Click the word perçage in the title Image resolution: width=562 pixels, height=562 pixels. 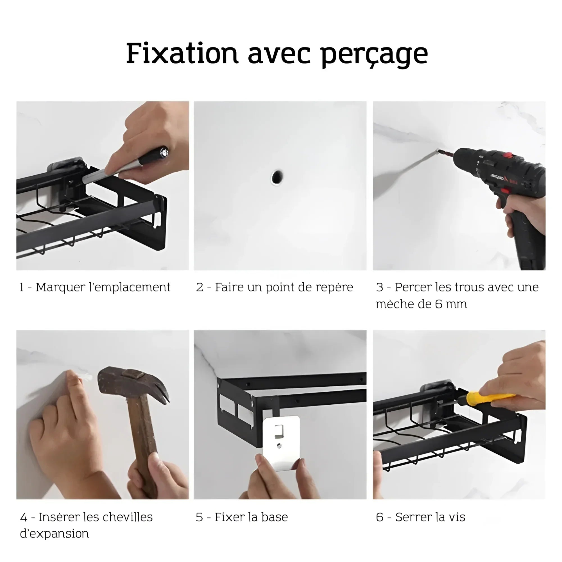pyautogui.click(x=374, y=56)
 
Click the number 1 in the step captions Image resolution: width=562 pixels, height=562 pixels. pyautogui.click(x=22, y=287)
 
